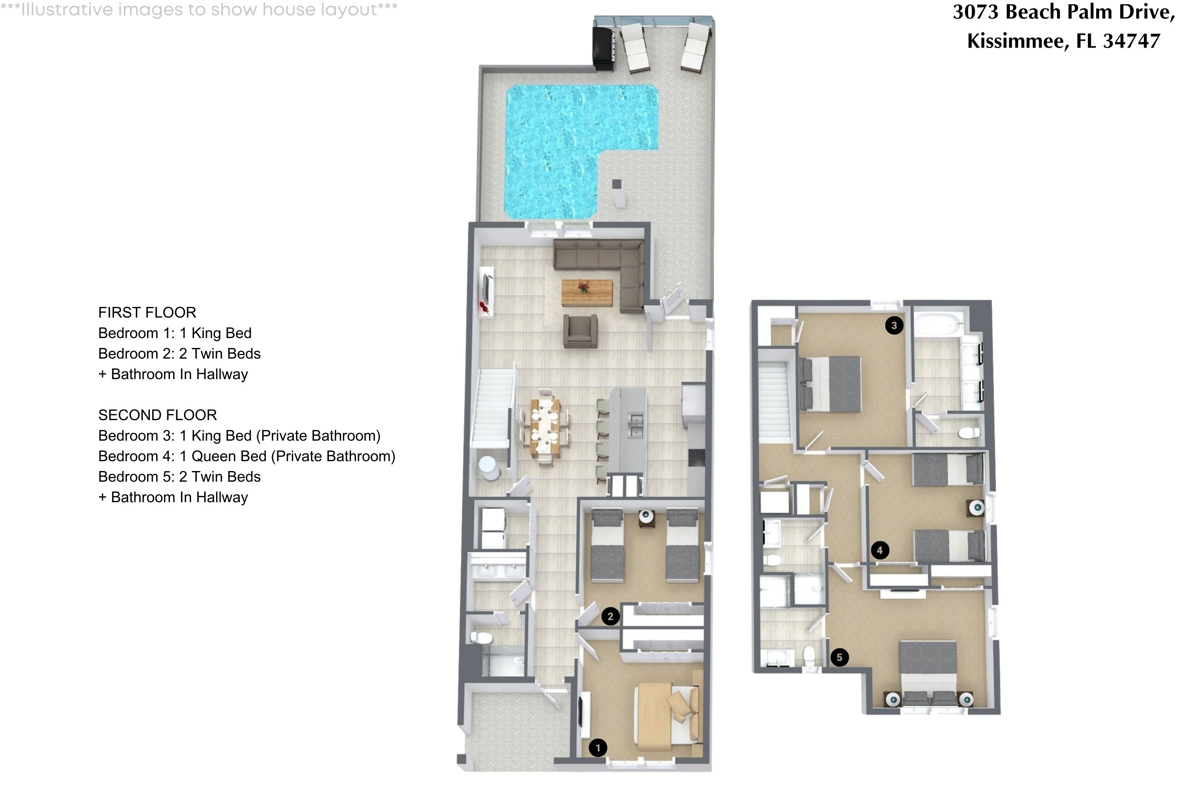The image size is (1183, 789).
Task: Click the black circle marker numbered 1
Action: [x=597, y=748]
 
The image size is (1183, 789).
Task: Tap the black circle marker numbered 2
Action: [x=610, y=616]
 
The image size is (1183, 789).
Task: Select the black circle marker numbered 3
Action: [x=894, y=325]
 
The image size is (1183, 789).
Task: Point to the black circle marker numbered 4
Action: [x=879, y=550]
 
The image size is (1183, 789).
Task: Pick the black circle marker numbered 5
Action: [x=839, y=657]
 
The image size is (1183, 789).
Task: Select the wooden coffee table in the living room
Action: [x=586, y=292]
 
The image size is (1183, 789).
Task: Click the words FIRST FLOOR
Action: [x=147, y=312]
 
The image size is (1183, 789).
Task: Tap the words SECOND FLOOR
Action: [x=157, y=415]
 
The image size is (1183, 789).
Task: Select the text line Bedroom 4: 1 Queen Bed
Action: [x=246, y=456]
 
